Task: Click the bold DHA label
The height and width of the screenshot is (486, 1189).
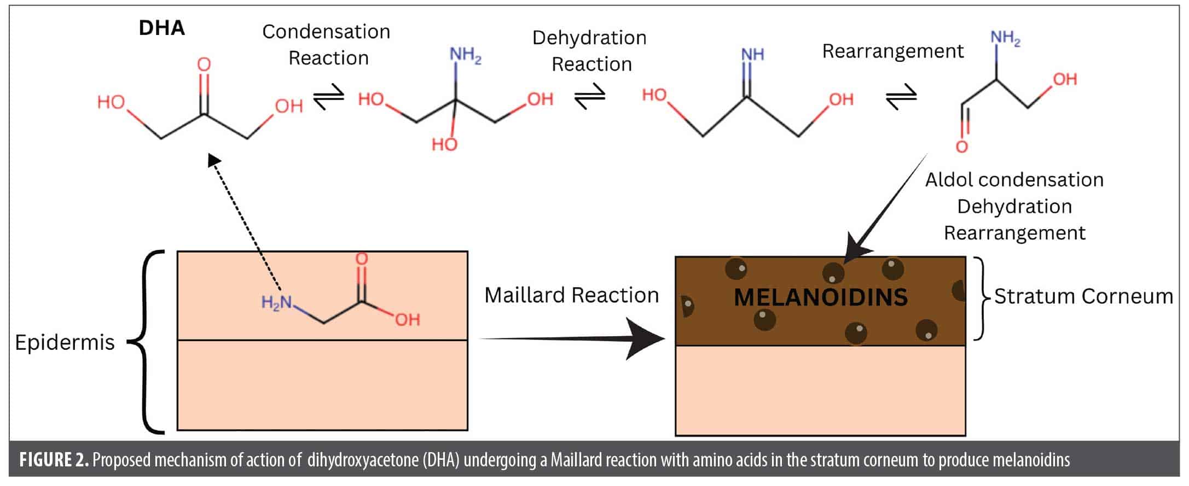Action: [161, 28]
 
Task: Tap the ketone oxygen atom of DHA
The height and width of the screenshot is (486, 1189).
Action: [204, 65]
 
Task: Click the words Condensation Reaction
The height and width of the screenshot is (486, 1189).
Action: [327, 45]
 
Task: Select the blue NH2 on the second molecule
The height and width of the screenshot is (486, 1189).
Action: [465, 55]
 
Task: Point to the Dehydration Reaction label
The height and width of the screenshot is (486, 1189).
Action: [590, 51]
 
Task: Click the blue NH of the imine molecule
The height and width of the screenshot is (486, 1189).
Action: [752, 54]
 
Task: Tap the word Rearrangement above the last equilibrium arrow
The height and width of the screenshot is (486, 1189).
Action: [892, 51]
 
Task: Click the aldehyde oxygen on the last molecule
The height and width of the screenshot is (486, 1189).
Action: [961, 147]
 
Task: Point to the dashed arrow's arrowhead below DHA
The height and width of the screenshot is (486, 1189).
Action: [214, 160]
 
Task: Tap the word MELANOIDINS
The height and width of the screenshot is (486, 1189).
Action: [820, 298]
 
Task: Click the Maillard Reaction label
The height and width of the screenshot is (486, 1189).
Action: [571, 295]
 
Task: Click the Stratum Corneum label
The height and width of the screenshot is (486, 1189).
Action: [1083, 296]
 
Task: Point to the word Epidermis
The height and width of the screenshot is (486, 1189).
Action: [65, 343]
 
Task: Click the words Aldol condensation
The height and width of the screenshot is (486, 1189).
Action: [1014, 180]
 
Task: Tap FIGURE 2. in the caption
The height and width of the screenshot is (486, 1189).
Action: [54, 460]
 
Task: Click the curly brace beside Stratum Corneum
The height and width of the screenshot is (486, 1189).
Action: [982, 298]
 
